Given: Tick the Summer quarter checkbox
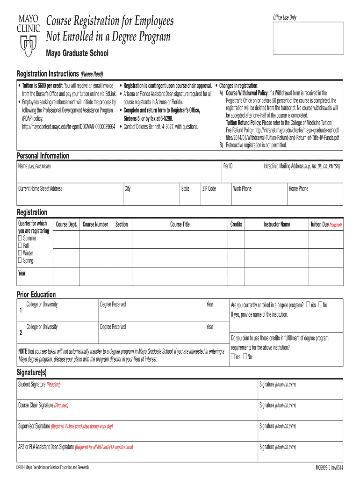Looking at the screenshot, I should (20, 238).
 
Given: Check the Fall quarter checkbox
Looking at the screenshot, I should (20, 246).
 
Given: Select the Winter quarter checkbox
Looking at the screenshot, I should (20, 253).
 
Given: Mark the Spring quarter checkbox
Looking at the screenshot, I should (20, 261).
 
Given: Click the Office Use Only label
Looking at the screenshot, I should (284, 18).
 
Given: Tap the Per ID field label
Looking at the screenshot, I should (228, 166).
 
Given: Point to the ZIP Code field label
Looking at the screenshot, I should (209, 189).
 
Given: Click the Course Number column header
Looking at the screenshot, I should (95, 225).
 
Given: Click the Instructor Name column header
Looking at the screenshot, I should (276, 225).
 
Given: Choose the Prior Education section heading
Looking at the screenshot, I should (36, 294).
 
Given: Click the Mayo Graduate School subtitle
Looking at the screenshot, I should (77, 53).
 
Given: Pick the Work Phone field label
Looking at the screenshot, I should (242, 189).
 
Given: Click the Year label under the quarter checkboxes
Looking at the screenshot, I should (22, 273).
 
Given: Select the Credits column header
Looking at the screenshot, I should (236, 225).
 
